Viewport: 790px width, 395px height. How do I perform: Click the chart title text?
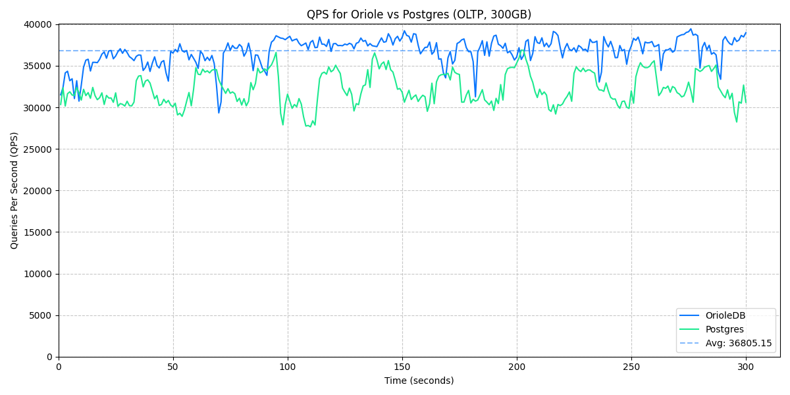click(x=419, y=14)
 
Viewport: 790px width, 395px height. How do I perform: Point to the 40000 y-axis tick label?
click(x=38, y=24)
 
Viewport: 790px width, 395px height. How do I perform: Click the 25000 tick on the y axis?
click(x=38, y=149)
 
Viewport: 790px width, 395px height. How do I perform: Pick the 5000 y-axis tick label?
click(x=40, y=315)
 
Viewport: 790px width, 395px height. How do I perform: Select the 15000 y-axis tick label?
click(x=38, y=232)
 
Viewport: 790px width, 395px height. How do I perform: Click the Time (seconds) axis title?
click(x=419, y=381)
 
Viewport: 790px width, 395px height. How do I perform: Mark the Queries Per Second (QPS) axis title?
click(x=14, y=190)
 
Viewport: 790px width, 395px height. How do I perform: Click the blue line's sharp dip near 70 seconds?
click(x=219, y=113)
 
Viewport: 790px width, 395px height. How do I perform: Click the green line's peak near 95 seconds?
click(x=276, y=53)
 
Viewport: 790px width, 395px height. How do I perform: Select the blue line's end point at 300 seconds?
click(x=746, y=32)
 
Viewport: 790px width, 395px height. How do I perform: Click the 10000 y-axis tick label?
click(x=38, y=274)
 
